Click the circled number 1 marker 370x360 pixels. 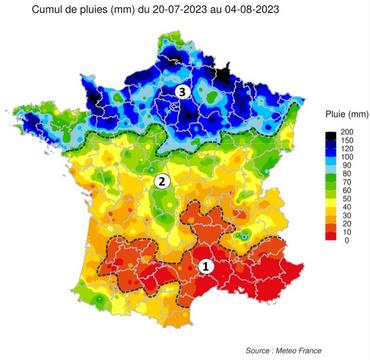pos(206,266)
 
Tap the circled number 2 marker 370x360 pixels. pos(161,181)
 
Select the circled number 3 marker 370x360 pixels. pos(182,92)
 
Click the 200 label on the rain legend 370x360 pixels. pos(349,133)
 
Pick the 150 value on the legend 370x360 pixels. pos(349,143)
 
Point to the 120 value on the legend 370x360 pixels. pos(349,152)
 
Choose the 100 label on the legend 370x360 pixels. pos(349,162)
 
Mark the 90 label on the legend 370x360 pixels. pos(347,172)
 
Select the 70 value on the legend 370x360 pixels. pos(347,191)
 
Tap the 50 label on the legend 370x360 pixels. pos(347,211)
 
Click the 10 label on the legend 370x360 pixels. pos(347,231)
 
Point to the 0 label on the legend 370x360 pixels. pos(345,241)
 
